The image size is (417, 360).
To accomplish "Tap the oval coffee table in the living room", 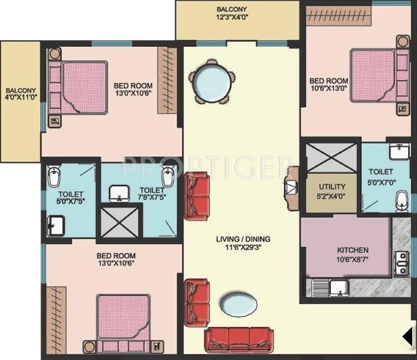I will [x=238, y=302].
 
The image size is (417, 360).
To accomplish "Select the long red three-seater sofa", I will [x=238, y=339].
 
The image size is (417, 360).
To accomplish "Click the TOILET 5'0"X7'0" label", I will [x=380, y=175].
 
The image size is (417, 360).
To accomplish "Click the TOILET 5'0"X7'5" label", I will [x=70, y=199].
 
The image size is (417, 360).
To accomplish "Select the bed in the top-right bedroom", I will [x=372, y=73].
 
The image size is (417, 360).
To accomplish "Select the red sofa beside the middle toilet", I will [x=197, y=195].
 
